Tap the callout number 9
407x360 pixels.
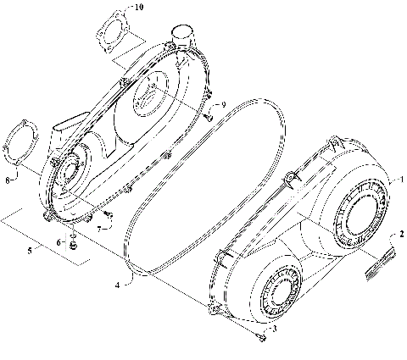pyautogui.click(x=223, y=104)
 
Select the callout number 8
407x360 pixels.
pyautogui.click(x=8, y=179)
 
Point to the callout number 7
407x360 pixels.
pyautogui.click(x=99, y=228)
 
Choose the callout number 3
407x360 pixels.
pyautogui.click(x=273, y=326)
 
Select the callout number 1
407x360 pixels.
pyautogui.click(x=401, y=179)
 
